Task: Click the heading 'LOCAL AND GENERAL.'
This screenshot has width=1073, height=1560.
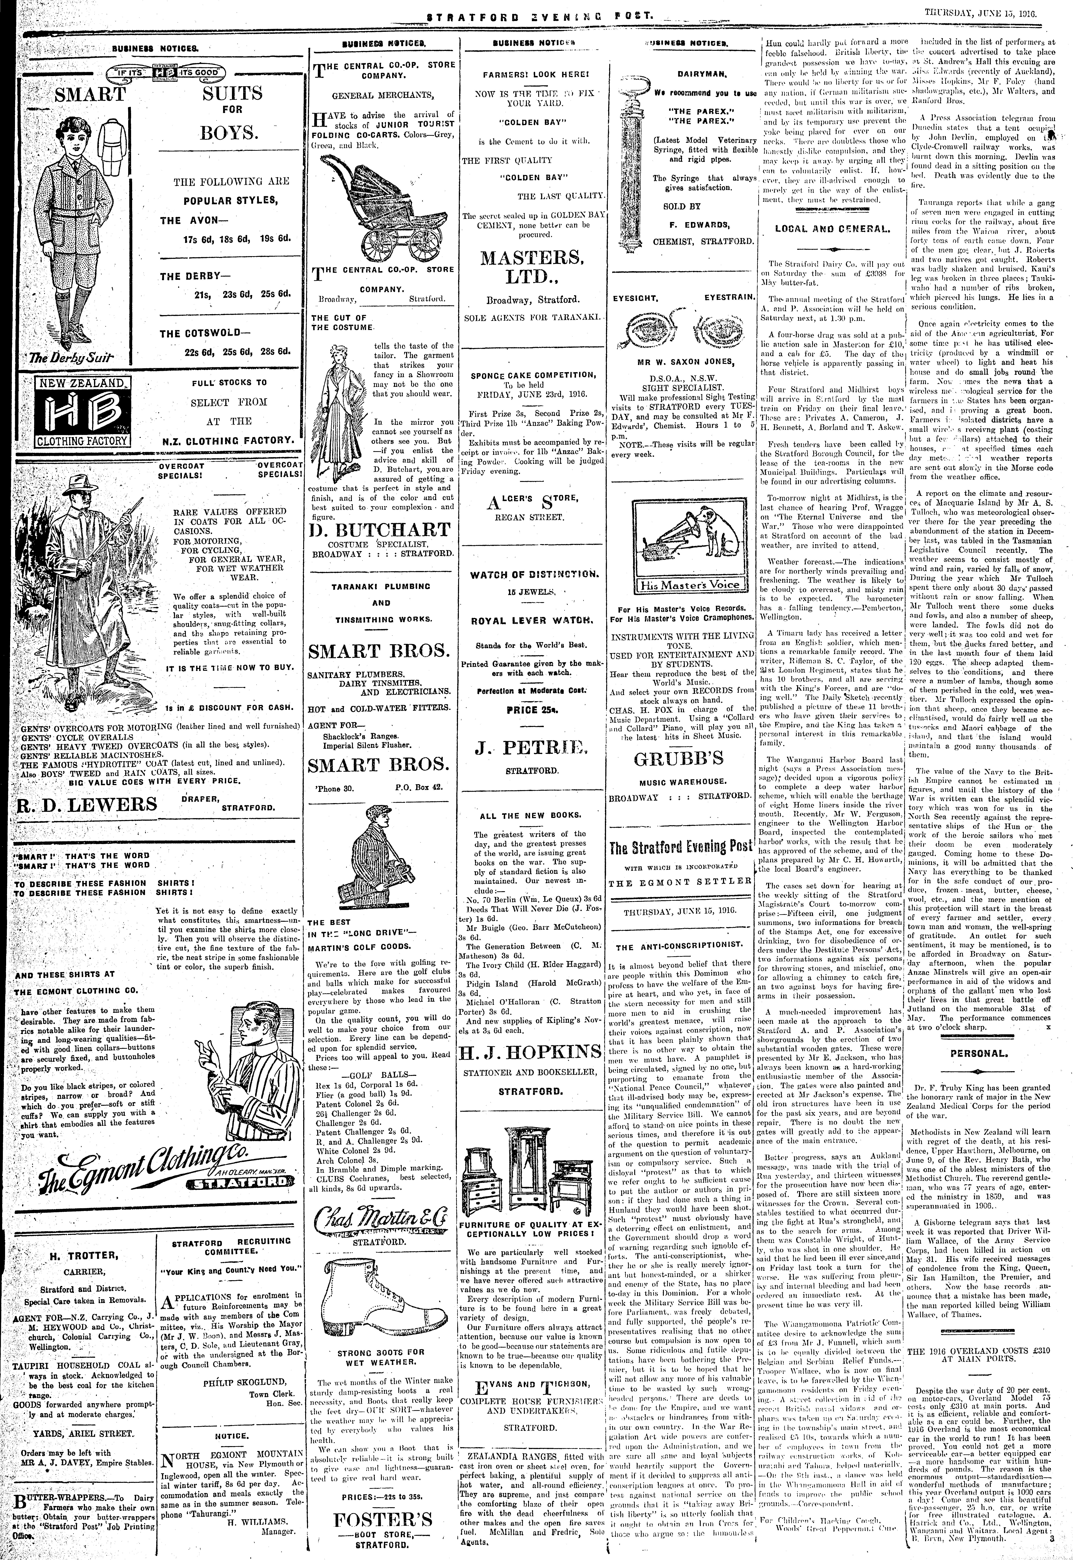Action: click(x=831, y=228)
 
